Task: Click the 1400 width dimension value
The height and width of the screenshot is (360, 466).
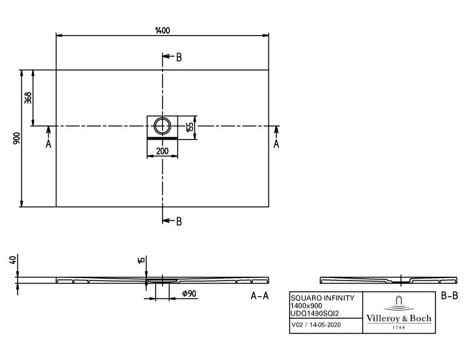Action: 163,30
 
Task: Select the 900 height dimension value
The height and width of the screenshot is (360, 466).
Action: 17,138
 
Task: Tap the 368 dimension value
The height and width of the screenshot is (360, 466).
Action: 28,98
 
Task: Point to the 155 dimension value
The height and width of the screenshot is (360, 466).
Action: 190,126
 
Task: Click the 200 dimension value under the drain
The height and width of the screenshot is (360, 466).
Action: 162,151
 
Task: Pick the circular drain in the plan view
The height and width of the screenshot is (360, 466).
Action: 162,126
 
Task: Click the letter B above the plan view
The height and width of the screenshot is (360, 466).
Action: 179,57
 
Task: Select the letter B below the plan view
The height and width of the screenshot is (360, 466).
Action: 179,222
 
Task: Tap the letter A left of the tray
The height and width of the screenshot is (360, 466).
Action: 48,144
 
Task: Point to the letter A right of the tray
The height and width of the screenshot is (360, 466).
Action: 276,144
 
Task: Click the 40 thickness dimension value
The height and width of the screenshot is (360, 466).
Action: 13,260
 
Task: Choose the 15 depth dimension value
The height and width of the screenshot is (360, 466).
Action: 141,260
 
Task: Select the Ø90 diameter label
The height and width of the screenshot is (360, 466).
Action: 189,294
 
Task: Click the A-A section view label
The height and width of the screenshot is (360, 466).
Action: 260,296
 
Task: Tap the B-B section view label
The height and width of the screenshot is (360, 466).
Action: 449,296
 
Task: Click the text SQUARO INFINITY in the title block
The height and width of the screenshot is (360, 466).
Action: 323,298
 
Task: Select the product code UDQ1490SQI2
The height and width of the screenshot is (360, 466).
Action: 315,313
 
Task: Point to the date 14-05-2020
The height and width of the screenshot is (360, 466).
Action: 325,325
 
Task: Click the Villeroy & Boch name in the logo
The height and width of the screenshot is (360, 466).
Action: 399,318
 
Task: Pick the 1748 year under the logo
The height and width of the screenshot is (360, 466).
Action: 399,327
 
